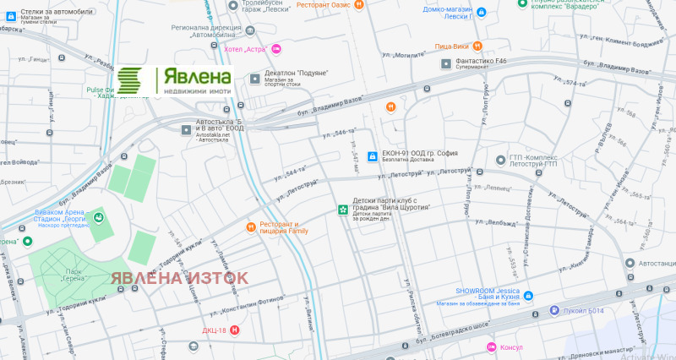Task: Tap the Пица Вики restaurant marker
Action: [x=477, y=46]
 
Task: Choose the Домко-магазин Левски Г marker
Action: [x=481, y=14]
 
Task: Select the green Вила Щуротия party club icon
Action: [x=342, y=209]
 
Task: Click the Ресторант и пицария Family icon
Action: [x=251, y=226]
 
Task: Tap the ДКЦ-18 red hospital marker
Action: [x=235, y=330]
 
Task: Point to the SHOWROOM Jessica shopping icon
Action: [x=528, y=296]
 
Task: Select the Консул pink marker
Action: [x=490, y=347]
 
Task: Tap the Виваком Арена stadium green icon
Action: [x=99, y=218]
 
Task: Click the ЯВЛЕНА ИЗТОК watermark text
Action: [x=180, y=277]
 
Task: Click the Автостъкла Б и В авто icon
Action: [x=188, y=129]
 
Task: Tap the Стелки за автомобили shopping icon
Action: [x=11, y=14]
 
